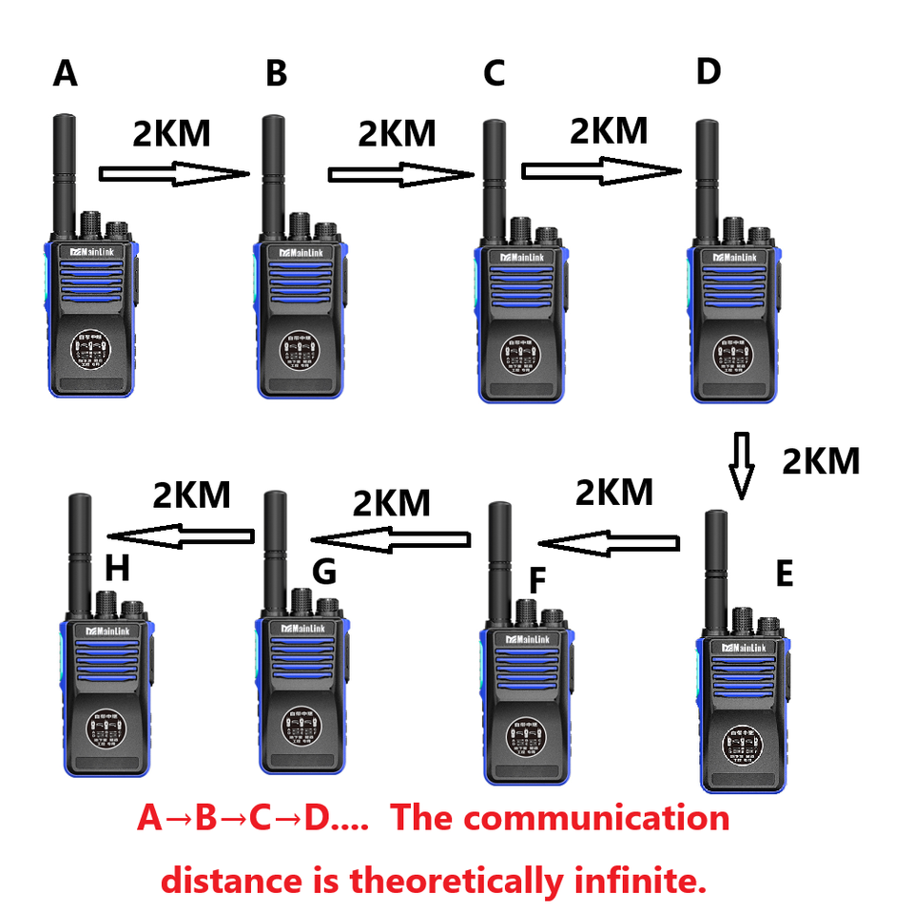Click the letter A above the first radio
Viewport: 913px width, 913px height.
65,73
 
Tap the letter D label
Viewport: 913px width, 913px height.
709,71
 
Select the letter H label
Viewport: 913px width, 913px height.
117,569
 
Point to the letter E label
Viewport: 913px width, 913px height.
785,574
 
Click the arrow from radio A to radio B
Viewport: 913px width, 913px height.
173,174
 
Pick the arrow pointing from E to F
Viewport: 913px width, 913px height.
610,544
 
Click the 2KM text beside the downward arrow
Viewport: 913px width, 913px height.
821,461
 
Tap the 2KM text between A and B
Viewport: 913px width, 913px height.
171,134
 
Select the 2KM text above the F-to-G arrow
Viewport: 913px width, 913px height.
392,502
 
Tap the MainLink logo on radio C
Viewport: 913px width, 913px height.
520,258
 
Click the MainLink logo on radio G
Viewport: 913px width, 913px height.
300,629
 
